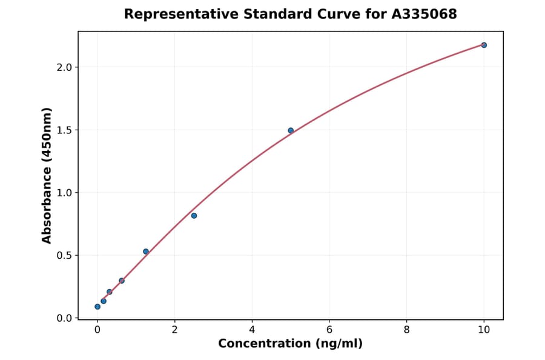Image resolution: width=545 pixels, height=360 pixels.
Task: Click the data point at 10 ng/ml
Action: click(x=484, y=45)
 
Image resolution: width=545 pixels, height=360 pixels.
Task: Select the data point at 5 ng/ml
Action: click(x=291, y=130)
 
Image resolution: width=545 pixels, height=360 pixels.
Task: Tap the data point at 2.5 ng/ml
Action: click(x=194, y=216)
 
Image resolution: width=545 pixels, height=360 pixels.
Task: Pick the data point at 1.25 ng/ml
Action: click(x=146, y=252)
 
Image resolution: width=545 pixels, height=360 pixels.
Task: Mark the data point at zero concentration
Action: click(x=97, y=307)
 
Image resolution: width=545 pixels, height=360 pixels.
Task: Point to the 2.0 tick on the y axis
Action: click(x=64, y=67)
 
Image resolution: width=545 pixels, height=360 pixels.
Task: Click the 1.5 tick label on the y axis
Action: click(x=64, y=130)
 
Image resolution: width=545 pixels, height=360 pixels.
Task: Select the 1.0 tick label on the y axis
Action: click(x=64, y=193)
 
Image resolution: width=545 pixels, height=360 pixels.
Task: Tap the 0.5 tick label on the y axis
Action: click(x=64, y=256)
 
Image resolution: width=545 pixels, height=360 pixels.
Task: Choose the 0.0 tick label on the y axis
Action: click(x=64, y=318)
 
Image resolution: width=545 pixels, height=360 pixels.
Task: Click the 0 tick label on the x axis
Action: click(x=97, y=330)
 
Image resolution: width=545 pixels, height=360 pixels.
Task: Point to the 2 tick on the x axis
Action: click(x=175, y=330)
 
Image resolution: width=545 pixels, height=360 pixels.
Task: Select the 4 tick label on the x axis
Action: click(x=252, y=330)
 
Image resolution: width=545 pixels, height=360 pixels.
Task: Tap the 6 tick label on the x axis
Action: click(x=329, y=330)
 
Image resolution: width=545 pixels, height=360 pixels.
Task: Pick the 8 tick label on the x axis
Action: click(x=406, y=330)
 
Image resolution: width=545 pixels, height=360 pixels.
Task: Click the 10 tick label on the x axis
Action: click(x=484, y=330)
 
